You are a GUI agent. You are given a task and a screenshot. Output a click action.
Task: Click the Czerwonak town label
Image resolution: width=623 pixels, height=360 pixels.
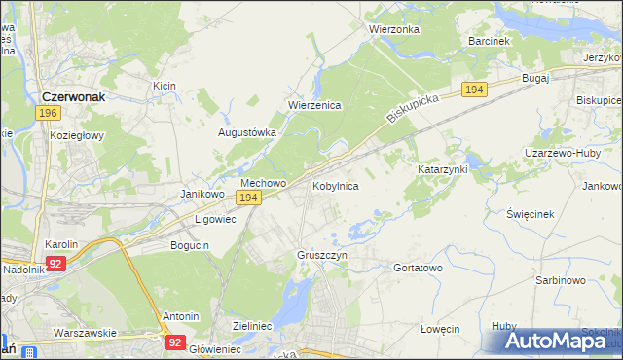tap(79, 96)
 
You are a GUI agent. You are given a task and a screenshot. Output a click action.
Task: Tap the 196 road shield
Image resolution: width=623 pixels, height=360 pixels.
tap(48, 114)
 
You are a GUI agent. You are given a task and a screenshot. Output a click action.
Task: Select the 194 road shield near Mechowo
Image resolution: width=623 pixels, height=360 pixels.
tap(248, 198)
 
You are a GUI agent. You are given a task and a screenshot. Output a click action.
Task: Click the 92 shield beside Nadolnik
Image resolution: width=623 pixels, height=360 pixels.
tap(55, 263)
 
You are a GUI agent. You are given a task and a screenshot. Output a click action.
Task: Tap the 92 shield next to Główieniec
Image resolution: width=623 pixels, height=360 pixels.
tap(175, 342)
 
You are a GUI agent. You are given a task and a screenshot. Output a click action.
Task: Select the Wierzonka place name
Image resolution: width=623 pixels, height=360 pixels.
tap(393, 29)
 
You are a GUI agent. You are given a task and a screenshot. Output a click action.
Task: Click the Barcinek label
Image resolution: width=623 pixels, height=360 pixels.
tap(489, 42)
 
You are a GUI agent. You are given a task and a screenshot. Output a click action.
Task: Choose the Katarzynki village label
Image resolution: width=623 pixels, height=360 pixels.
tap(443, 169)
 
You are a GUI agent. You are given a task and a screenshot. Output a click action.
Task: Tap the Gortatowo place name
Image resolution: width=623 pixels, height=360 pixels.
tap(418, 267)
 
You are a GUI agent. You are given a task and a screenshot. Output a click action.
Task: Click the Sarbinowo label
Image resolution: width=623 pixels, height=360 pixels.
tap(560, 280)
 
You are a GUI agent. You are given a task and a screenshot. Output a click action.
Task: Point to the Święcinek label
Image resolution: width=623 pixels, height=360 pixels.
tap(531, 213)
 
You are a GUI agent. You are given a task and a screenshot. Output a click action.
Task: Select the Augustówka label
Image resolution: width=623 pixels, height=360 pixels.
tap(247, 131)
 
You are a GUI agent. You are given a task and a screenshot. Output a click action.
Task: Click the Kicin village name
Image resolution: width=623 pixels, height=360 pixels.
tap(164, 87)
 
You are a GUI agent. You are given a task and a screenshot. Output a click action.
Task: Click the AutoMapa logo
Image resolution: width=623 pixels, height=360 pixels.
tap(559, 342)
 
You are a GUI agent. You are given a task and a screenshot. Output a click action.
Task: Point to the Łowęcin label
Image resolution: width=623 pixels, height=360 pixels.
tap(439, 329)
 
